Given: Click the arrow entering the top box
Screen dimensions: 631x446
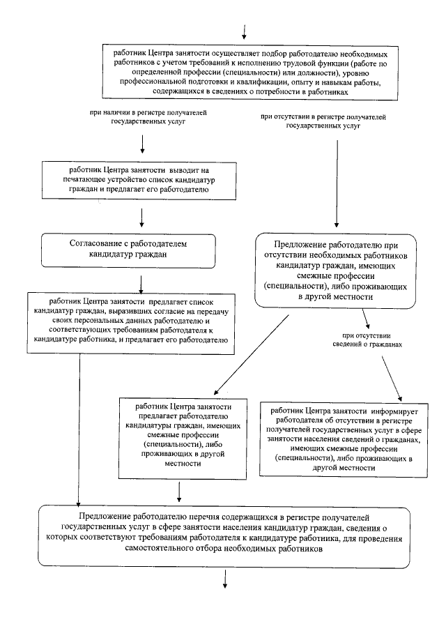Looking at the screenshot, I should point(245,31).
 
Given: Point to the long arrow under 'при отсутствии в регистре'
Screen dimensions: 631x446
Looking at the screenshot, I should point(338,183).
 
